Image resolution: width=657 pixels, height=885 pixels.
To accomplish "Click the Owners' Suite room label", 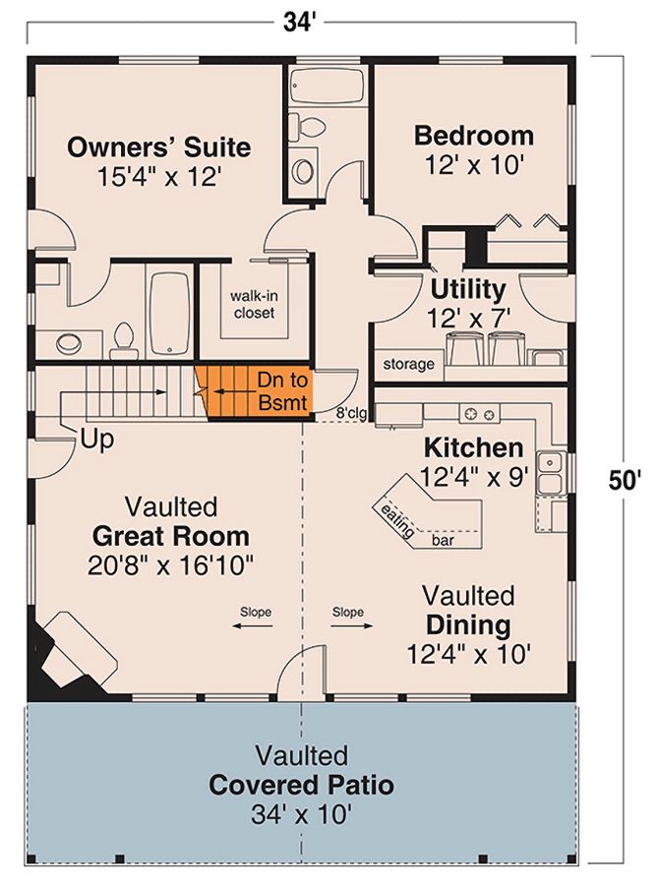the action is (158, 147).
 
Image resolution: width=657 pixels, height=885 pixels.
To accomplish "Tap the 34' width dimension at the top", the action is (297, 24).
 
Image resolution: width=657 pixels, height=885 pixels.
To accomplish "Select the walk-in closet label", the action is (254, 304).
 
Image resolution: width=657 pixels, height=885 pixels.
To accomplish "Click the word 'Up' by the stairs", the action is (97, 440).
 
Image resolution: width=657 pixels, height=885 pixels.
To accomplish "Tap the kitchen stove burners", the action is (479, 414).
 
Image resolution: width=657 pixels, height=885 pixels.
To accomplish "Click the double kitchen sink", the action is (551, 473).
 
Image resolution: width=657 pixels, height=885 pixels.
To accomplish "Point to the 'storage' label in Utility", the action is (408, 364).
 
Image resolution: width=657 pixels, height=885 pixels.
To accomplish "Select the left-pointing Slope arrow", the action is (253, 625).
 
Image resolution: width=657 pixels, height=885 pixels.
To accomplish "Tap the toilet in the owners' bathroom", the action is (124, 340).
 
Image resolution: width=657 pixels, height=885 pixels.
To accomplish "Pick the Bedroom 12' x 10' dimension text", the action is (475, 165).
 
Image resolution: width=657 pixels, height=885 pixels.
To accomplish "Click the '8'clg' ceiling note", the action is (351, 413).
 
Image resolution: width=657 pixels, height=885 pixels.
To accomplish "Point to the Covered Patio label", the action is (301, 785).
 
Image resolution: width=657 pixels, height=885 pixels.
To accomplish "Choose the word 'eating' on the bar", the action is (397, 520).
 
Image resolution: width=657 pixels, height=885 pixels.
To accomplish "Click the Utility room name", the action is (468, 289).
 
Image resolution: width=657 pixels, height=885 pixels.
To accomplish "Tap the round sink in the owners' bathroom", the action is (69, 341).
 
